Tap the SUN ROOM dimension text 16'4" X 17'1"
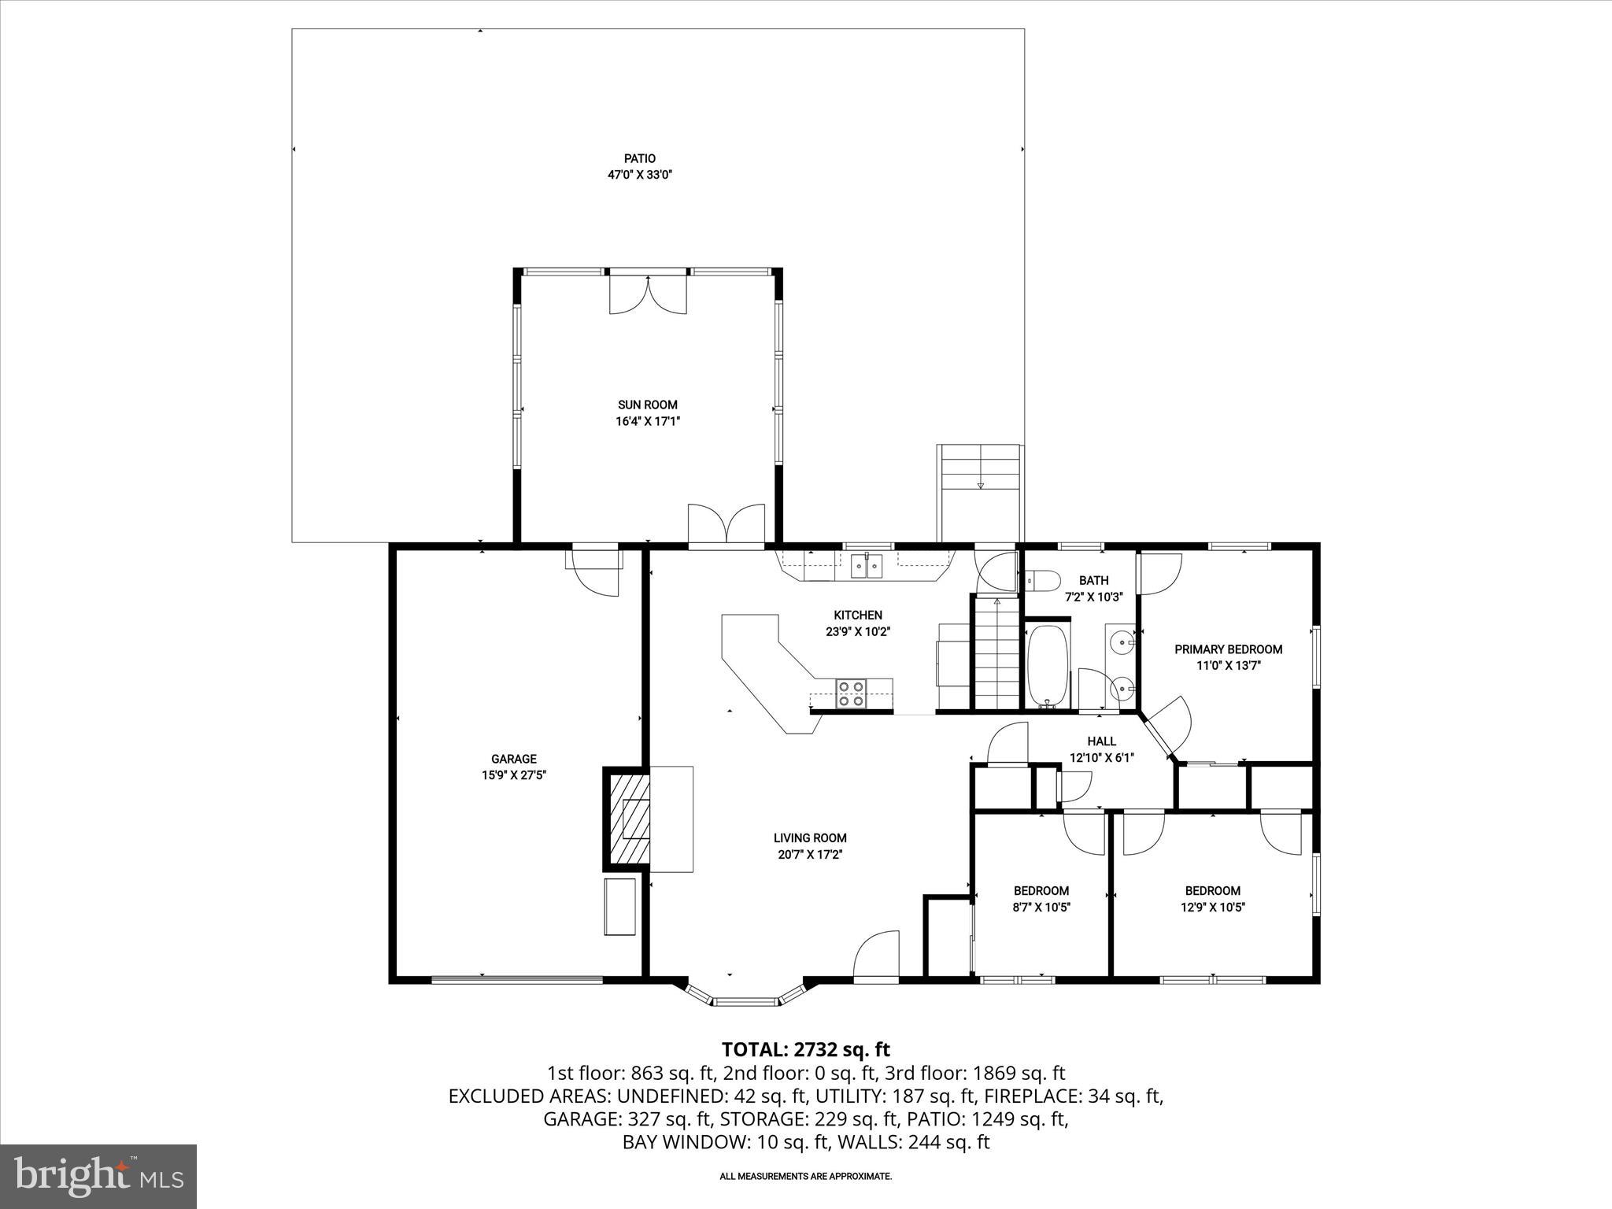[647, 421]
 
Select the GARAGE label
[513, 759]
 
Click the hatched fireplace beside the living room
[628, 819]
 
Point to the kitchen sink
[867, 566]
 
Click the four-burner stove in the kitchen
[850, 693]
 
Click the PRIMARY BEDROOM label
[1228, 649]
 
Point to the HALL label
[1101, 741]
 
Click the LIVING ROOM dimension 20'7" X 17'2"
[809, 854]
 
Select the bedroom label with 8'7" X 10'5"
[1041, 891]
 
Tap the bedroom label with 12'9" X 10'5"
[1212, 891]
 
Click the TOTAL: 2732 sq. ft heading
[805, 1049]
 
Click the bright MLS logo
[98, 1177]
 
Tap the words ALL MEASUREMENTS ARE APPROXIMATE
[805, 1176]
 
